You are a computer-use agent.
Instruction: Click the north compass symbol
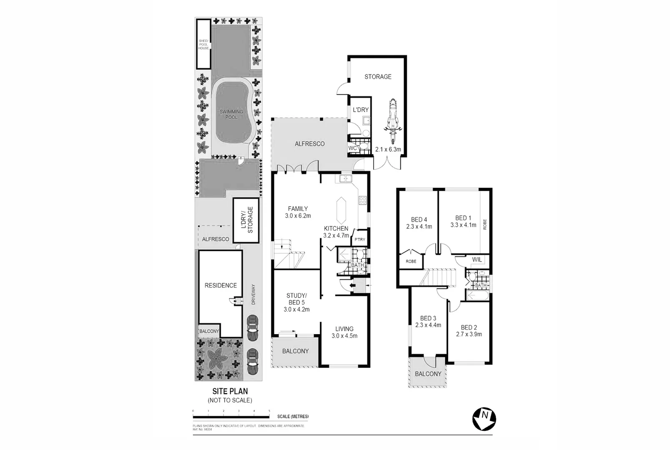(x=484, y=418)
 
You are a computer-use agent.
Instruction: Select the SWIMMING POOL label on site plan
(x=231, y=114)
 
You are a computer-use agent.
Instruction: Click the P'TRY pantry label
(x=359, y=240)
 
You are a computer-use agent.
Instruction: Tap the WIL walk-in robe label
(x=477, y=260)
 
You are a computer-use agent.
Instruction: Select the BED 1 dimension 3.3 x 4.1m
(x=463, y=225)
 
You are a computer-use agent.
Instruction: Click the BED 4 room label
(x=419, y=220)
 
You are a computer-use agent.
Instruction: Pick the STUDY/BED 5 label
(x=296, y=299)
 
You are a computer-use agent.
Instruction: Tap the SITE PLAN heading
(x=230, y=391)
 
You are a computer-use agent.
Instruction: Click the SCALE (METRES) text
(x=293, y=416)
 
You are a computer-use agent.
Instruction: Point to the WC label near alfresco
(x=352, y=148)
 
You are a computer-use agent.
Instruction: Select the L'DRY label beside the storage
(x=361, y=110)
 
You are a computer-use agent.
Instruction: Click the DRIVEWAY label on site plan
(x=253, y=295)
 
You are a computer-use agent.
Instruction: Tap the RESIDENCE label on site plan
(x=221, y=285)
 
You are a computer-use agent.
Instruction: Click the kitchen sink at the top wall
(x=346, y=179)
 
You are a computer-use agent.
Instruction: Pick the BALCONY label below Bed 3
(x=428, y=374)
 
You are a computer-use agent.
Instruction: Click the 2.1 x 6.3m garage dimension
(x=388, y=149)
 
